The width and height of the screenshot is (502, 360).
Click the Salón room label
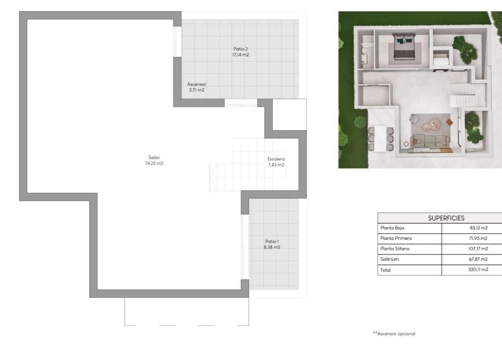154,157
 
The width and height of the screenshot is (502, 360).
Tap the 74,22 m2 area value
154,164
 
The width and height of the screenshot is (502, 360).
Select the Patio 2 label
240,49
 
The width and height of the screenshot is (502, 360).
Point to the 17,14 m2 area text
240,55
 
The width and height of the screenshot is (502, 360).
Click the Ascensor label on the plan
196,84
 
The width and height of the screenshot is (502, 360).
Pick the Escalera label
276,159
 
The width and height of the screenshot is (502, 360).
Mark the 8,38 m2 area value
272,247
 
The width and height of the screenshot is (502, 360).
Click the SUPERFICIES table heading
446,218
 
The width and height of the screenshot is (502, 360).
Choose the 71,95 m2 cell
478,239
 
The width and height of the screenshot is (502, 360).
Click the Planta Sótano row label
395,249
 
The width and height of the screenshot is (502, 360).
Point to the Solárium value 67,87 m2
478,259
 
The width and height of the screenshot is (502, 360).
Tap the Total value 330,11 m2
478,269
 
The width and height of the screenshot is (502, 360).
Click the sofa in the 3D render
429,141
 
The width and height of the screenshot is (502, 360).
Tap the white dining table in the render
380,138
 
